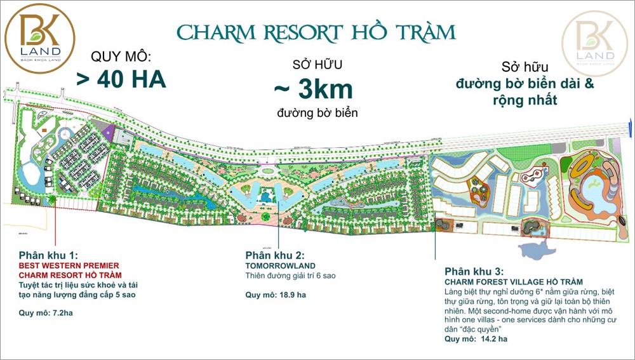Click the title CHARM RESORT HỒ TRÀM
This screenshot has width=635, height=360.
tap(316, 32)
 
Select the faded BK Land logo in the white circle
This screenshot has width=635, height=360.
tap(595, 43)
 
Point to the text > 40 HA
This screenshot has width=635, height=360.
tap(121, 79)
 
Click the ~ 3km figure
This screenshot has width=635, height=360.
tap(316, 90)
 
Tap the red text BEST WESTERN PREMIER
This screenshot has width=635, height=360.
tap(69, 265)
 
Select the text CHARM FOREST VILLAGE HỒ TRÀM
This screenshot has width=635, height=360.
tap(513, 281)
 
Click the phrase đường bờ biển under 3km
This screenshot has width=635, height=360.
tap(317, 113)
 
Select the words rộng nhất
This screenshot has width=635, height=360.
tap(524, 100)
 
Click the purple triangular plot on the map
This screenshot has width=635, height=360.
tap(109, 133)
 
